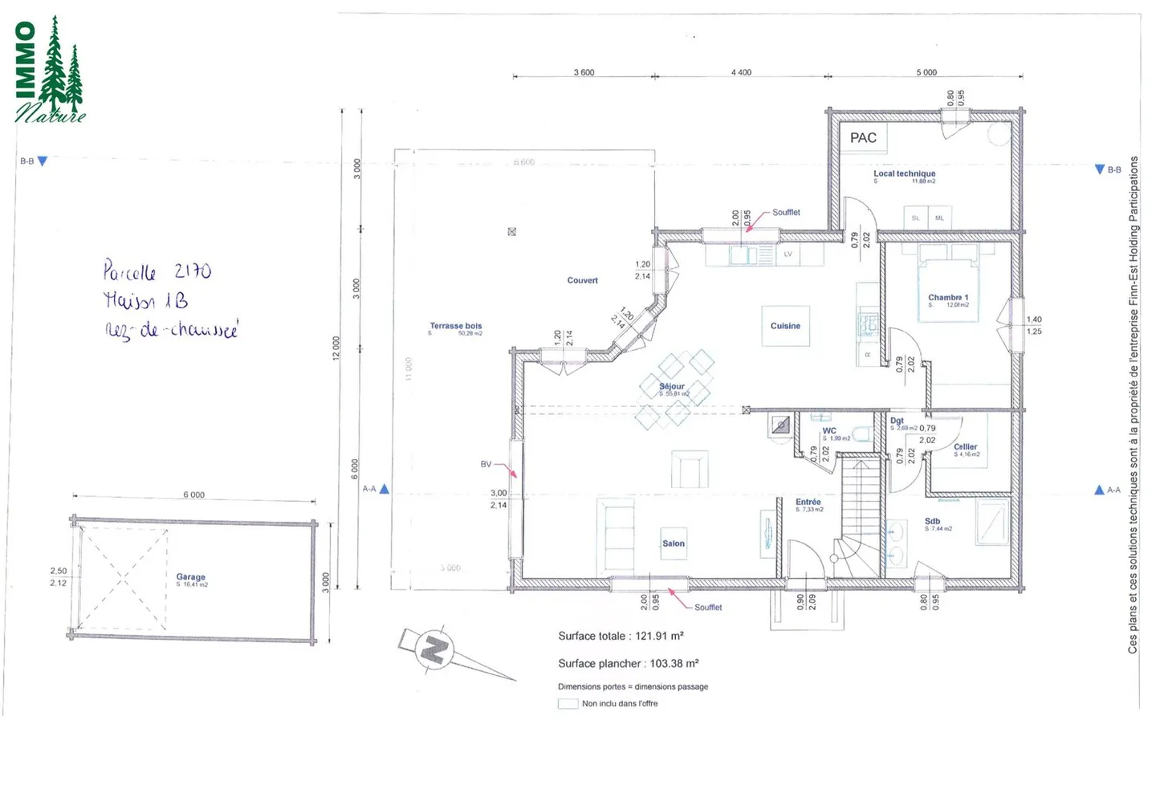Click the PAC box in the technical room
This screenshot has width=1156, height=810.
coord(863,138)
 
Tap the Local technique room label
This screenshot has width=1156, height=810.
coord(904,173)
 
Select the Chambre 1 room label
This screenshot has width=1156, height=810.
coord(948,297)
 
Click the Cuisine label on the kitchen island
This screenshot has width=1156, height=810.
coord(785,326)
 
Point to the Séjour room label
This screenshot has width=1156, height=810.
coord(672,386)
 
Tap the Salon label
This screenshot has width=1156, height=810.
coord(674,543)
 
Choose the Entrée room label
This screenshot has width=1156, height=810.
coord(808,502)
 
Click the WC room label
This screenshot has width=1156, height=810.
coord(829,431)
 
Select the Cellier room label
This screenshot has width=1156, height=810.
coord(965,447)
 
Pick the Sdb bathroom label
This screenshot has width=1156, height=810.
coord(932,521)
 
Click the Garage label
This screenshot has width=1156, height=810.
coord(191,576)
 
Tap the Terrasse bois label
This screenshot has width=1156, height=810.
coord(456,326)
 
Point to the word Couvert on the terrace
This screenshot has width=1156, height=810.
coord(582,280)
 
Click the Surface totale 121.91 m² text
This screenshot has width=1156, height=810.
coord(621,636)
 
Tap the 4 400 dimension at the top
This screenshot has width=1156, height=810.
coord(741,72)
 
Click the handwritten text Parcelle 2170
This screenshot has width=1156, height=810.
coord(157,271)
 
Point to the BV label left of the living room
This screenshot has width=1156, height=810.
coord(486,464)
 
